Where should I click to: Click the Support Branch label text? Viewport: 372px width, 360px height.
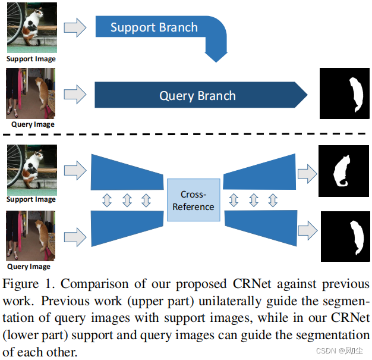154,28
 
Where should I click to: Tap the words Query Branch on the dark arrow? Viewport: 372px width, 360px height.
197,96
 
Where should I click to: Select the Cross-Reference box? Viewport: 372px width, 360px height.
193,200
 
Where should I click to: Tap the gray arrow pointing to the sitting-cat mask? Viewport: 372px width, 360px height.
307,173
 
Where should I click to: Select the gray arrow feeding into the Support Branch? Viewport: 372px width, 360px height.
74,27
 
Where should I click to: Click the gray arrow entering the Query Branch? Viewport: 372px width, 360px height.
74,94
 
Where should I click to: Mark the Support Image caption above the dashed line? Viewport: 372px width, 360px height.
31,59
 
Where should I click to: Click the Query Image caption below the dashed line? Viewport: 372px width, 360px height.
31,267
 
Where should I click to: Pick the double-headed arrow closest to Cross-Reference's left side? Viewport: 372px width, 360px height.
146,201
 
